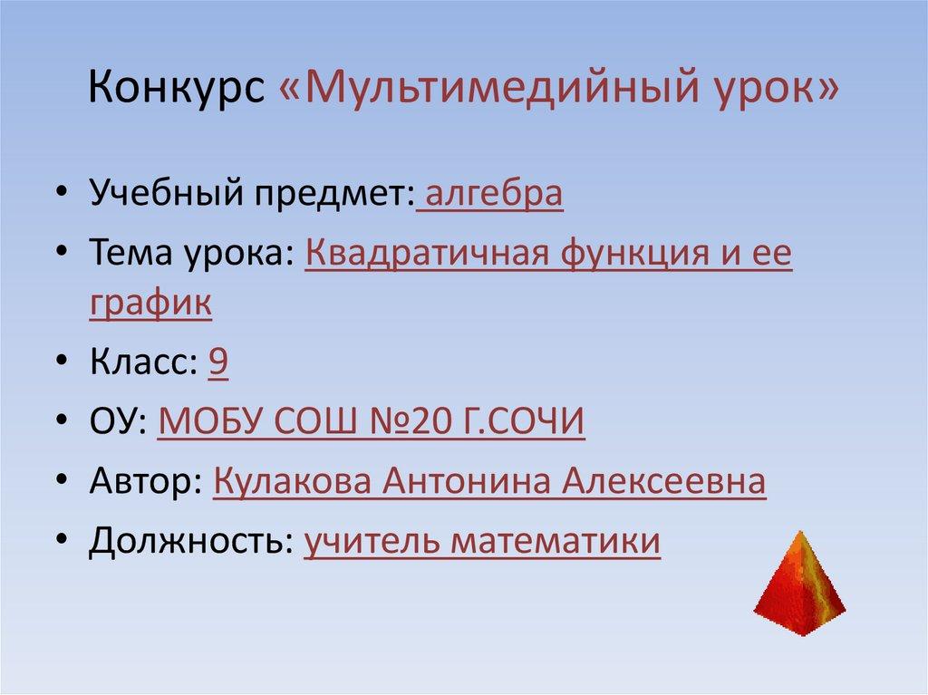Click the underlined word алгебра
click(492, 195)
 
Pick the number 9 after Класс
click(217, 362)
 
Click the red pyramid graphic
click(798, 579)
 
